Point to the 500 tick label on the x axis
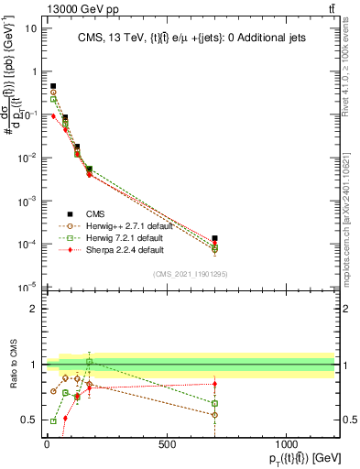pos(167,444)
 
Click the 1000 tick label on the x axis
pos(287,444)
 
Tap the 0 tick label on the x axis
pos(47,444)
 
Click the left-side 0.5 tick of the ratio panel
pos(29,420)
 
